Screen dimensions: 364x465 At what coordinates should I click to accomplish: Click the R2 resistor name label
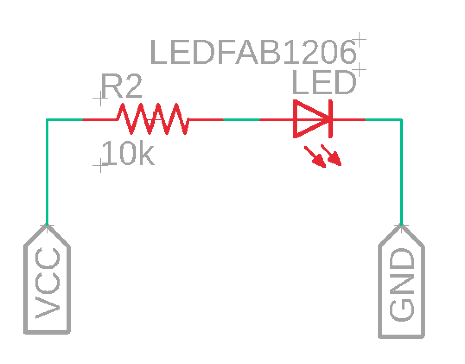click(121, 87)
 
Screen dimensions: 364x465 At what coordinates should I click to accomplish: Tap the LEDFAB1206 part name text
click(254, 53)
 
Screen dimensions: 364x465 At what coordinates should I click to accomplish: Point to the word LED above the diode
click(324, 83)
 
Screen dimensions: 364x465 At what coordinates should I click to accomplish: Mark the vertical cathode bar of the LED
click(330, 119)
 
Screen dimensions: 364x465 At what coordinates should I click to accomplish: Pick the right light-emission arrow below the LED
click(332, 156)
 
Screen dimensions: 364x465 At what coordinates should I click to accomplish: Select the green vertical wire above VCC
click(47, 173)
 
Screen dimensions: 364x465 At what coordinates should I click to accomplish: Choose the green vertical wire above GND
click(401, 173)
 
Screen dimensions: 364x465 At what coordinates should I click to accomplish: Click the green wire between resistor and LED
click(241, 119)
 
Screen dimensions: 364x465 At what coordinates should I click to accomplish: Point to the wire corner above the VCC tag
click(47, 119)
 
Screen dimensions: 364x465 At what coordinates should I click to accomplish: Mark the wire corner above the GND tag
click(401, 119)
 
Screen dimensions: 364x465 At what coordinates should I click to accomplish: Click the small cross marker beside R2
click(100, 100)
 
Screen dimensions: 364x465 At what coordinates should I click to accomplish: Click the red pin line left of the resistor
click(99, 119)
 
